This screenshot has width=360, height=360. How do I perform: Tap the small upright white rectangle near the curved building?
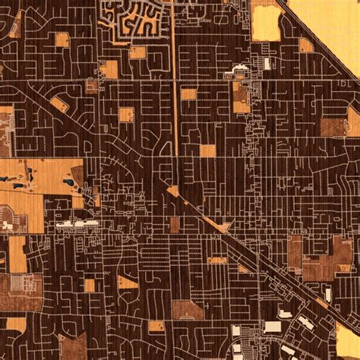point(267,64)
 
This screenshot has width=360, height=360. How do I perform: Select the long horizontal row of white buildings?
point(77,224)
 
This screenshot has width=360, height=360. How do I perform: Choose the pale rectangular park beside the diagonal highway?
point(265,23)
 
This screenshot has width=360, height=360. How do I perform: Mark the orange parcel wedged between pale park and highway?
point(305,45)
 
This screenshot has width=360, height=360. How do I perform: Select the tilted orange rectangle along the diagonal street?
point(60,103)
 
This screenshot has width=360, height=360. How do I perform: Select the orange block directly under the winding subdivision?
point(137,52)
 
